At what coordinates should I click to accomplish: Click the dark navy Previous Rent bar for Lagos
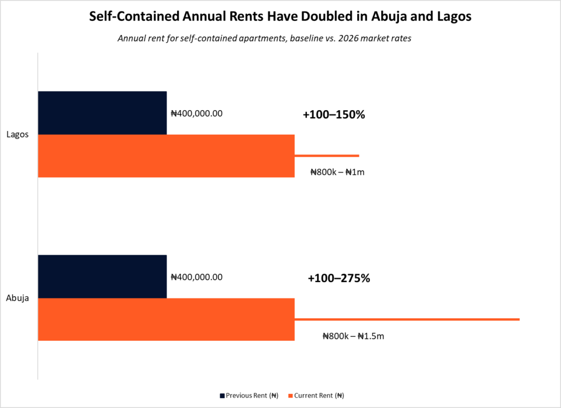[102, 112]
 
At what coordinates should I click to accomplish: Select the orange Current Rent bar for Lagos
[166, 156]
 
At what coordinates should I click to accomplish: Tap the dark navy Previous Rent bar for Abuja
[102, 276]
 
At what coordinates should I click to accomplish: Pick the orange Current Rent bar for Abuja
[166, 319]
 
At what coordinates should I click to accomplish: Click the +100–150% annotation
[333, 115]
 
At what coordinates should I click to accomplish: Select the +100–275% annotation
[339, 278]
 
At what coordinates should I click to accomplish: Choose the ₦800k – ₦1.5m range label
[353, 336]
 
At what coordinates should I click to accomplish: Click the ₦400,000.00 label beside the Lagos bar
[197, 114]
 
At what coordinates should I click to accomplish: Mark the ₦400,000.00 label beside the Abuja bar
[197, 277]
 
